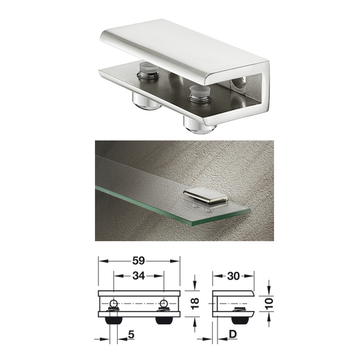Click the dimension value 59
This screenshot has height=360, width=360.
click(139, 261)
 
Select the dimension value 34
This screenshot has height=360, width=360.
click(139, 276)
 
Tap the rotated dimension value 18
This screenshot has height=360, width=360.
click(195, 303)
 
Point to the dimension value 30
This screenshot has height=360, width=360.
click(233, 276)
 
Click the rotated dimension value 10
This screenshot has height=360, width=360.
click(270, 303)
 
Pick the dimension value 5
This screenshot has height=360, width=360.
click(131, 335)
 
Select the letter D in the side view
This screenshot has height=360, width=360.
click(233, 334)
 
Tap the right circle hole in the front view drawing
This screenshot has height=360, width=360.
click(164, 303)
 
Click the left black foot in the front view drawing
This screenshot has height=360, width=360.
click(114, 320)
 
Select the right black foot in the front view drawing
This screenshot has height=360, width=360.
click(164, 320)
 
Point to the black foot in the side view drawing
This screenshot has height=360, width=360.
click(240, 320)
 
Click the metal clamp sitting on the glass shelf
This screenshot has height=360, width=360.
click(205, 198)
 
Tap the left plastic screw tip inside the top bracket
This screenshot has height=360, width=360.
click(148, 69)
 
